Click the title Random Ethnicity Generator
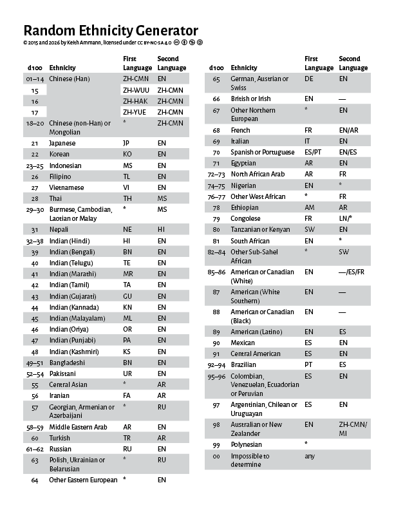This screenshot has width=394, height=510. [110, 30]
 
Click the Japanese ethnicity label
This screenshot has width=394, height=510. [62, 142]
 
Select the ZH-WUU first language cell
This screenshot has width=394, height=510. [136, 90]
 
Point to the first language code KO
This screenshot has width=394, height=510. [127, 155]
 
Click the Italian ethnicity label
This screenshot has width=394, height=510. [239, 141]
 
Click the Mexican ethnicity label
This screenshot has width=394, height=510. [243, 343]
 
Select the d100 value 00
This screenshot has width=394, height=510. [216, 456]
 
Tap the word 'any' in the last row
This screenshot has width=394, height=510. [310, 456]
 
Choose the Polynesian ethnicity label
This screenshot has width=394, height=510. [247, 444]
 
